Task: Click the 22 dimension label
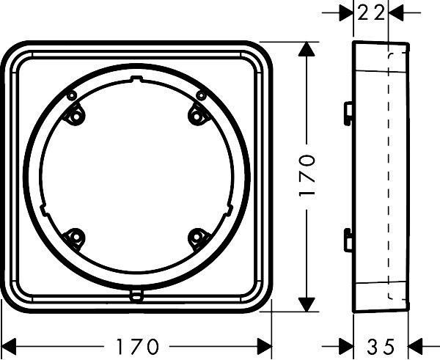tap(370, 13)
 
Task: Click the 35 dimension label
tap(381, 347)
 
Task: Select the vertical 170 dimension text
tap(307, 176)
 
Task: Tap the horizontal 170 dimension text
tap(137, 347)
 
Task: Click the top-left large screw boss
tap(74, 116)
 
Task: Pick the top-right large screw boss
tap(197, 116)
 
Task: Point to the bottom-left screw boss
tap(74, 238)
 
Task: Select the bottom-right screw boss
tap(197, 238)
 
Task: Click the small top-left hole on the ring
tap(72, 95)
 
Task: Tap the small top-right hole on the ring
tap(201, 95)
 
